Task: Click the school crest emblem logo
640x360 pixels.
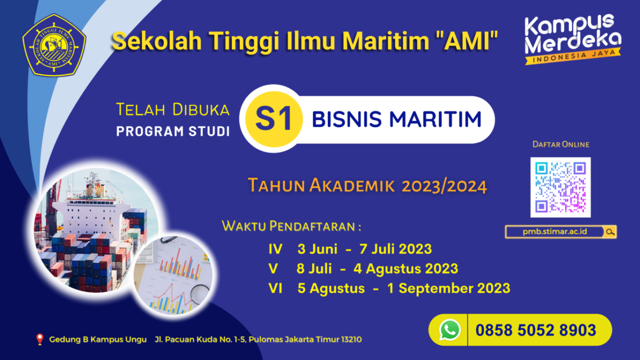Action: coord(54,45)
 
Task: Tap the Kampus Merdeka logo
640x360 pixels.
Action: coord(572,39)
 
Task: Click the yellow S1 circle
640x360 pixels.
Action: coord(273,119)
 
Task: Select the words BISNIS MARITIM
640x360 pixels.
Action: coord(396,119)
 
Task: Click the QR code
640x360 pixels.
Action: coord(560,187)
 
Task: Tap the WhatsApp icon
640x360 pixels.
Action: coord(449,330)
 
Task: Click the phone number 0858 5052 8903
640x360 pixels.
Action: coord(535,330)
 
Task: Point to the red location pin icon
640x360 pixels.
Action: coord(39,339)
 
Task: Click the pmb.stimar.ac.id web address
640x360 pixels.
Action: coord(554,231)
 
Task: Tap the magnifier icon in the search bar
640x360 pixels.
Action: coord(610,231)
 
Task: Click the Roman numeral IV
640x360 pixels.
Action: coord(275,249)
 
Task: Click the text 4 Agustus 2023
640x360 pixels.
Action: coord(405,269)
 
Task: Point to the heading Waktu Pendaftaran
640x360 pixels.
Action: coord(291,226)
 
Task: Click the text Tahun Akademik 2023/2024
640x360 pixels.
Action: coord(367,185)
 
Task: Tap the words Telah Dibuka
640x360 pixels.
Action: coord(173,109)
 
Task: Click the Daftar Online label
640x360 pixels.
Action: coord(561,144)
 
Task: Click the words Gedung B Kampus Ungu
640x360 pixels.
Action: coord(97,339)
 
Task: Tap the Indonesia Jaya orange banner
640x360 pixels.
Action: coord(572,56)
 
